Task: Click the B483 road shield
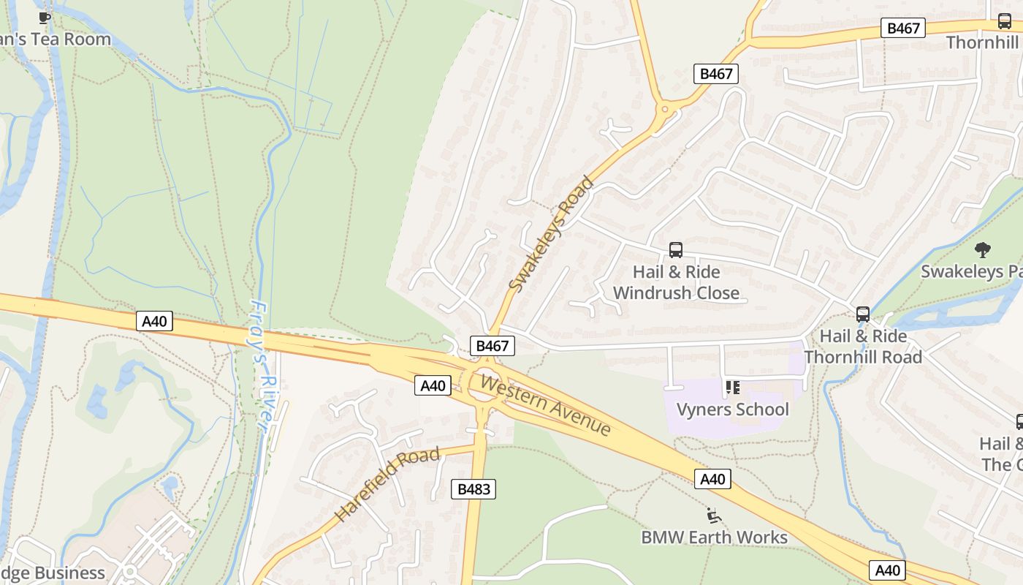click(x=474, y=489)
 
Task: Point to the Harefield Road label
click(x=387, y=485)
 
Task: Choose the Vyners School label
click(x=732, y=409)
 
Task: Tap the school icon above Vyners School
click(x=732, y=387)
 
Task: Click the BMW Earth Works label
click(x=714, y=537)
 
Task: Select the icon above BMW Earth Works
click(x=714, y=516)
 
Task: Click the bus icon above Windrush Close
click(x=676, y=250)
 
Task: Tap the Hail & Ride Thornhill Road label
click(x=863, y=347)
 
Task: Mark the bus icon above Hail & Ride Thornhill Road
click(x=863, y=314)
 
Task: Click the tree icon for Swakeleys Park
click(x=983, y=250)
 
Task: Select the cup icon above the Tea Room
click(x=45, y=18)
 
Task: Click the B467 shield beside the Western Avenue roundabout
click(x=493, y=346)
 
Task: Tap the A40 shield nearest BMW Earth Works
click(x=712, y=479)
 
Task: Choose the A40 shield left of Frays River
click(x=154, y=321)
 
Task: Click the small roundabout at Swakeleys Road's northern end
click(x=664, y=110)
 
